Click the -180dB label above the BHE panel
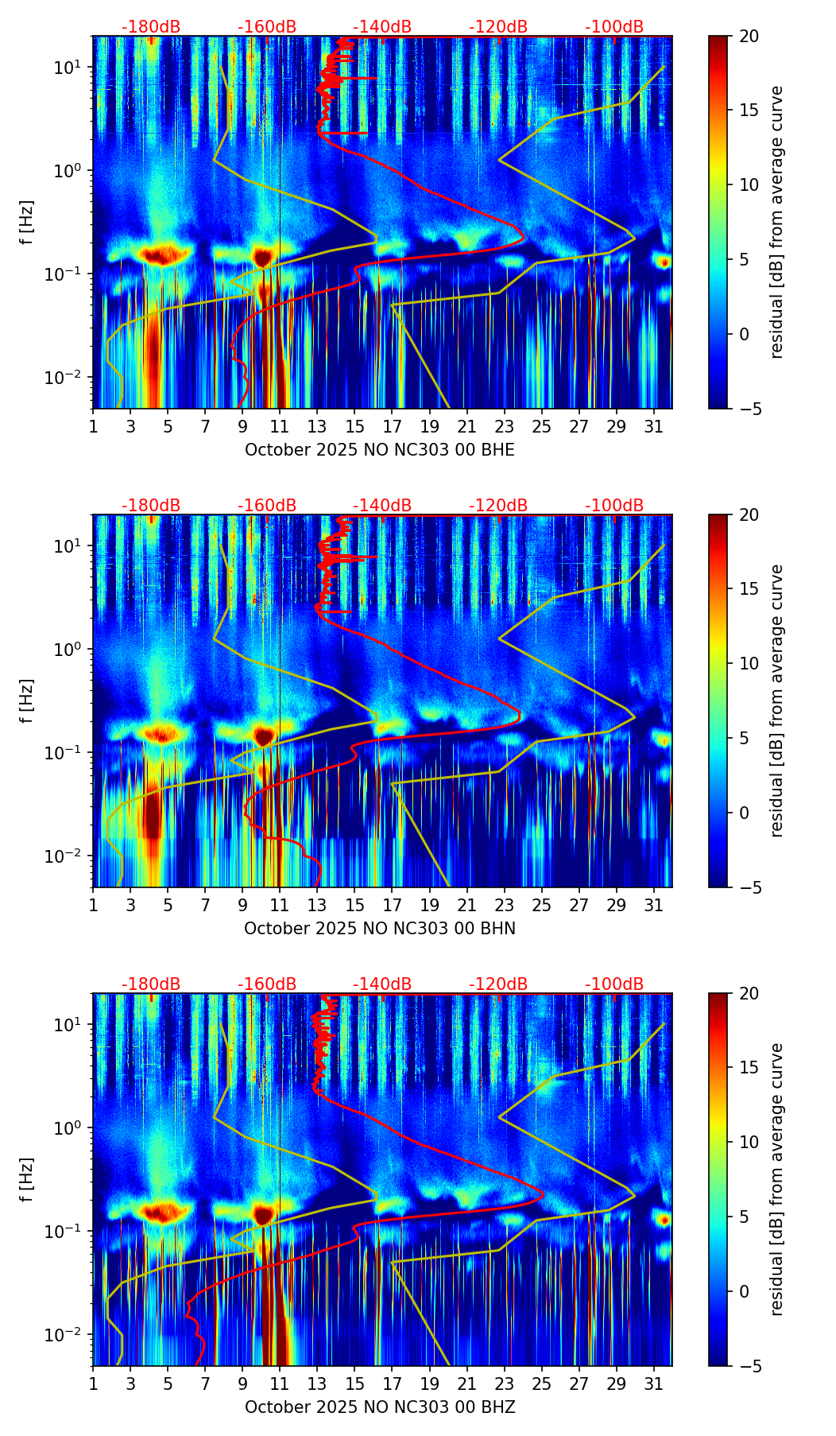[151, 27]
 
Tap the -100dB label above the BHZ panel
[614, 984]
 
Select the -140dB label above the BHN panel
[382, 506]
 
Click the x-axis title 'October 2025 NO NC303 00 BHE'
[380, 450]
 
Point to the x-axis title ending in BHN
[380, 929]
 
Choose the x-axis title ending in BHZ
[380, 1407]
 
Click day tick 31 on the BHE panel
[653, 425]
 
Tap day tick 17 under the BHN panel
[392, 904]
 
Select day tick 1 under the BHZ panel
[93, 1383]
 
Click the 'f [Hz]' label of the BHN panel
[28, 701]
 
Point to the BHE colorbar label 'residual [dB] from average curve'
[777, 222]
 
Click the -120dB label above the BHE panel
[498, 27]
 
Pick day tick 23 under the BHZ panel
[504, 1383]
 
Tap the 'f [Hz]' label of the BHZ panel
[28, 1180]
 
